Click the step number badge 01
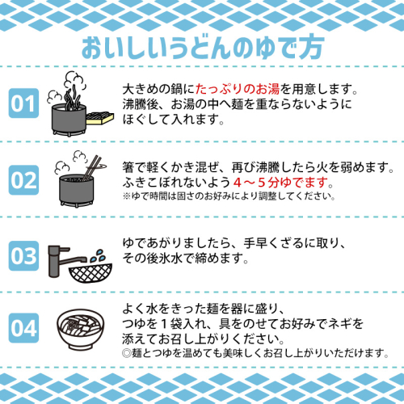pyautogui.click(x=23, y=103)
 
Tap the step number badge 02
pyautogui.click(x=23, y=180)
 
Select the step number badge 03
pyautogui.click(x=23, y=256)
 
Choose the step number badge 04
pyautogui.click(x=23, y=328)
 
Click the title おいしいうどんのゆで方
pyautogui.click(x=202, y=47)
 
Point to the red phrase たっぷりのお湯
pyautogui.click(x=238, y=89)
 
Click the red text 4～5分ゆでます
pyautogui.click(x=280, y=183)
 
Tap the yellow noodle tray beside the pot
pyautogui.click(x=99, y=119)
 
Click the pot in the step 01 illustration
pyautogui.click(x=69, y=120)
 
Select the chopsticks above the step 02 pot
pyautogui.click(x=91, y=167)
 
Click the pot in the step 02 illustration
pyautogui.click(x=77, y=191)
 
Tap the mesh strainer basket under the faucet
pyautogui.click(x=90, y=272)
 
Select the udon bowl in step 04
pyautogui.click(x=81, y=329)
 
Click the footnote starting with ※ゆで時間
pyautogui.click(x=229, y=196)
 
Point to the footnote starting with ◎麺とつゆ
pyautogui.click(x=255, y=353)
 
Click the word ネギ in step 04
pyautogui.click(x=333, y=323)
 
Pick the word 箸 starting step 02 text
pyautogui.click(x=128, y=167)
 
